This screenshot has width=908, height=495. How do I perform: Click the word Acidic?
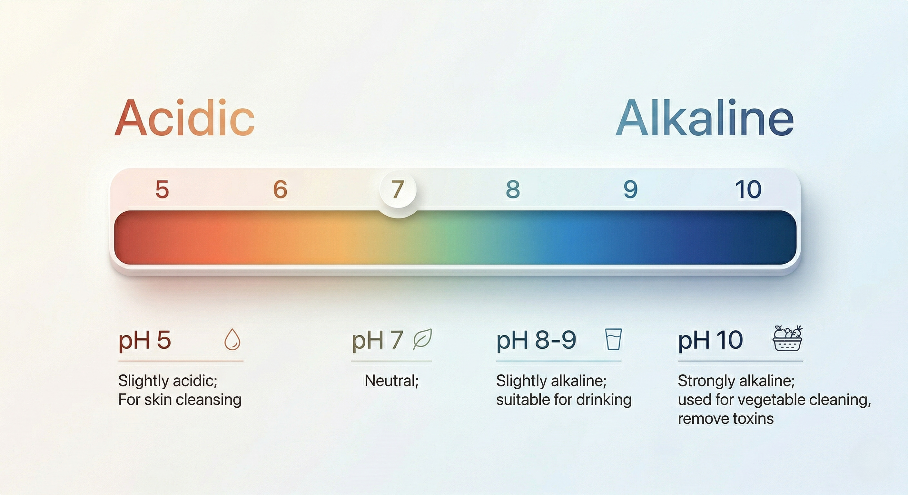coord(184,118)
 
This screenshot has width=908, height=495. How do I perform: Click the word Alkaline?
coord(705,118)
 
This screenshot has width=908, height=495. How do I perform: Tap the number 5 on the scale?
coord(162,189)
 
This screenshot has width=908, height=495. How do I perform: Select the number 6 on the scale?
coord(280,189)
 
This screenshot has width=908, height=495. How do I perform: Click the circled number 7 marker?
coord(398,189)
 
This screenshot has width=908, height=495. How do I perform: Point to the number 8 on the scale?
coord(513,189)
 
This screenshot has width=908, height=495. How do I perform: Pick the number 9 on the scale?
coord(631,189)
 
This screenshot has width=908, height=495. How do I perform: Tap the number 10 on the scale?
coord(748,189)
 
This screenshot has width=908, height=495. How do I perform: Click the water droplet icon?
coord(232,339)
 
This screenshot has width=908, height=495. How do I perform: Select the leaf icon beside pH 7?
coord(422,339)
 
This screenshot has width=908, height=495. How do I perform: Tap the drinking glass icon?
coord(613,339)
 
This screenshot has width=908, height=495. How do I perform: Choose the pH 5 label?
coord(144,341)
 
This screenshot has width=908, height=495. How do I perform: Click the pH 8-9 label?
coord(536,341)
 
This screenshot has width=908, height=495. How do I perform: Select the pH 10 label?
coord(711,341)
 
